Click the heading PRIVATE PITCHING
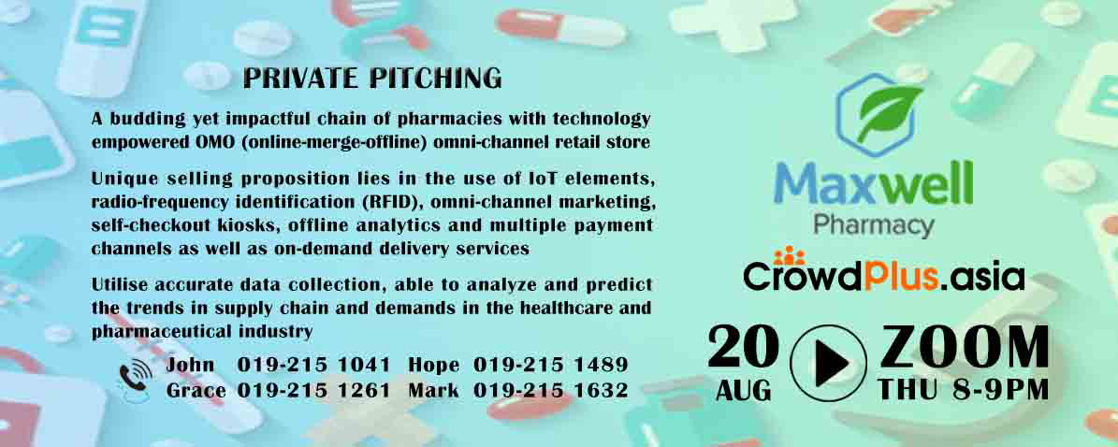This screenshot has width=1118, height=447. click(x=372, y=79)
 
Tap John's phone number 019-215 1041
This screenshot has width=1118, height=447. click(x=313, y=365)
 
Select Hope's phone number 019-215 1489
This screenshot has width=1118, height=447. click(x=550, y=365)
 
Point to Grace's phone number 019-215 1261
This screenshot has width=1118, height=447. click(x=313, y=391)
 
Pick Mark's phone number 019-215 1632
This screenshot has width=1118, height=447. click(x=550, y=391)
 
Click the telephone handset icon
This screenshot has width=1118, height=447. click(x=135, y=378)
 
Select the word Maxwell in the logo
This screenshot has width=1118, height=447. click(x=874, y=184)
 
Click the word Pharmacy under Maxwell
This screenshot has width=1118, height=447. click(x=874, y=225)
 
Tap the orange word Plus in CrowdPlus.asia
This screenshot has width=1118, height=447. click(x=901, y=277)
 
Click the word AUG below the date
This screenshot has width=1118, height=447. click(x=743, y=390)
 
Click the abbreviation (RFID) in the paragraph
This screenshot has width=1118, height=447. click(x=389, y=203)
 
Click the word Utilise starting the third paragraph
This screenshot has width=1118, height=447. click(x=117, y=285)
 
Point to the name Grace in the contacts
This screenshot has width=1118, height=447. click(x=196, y=391)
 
